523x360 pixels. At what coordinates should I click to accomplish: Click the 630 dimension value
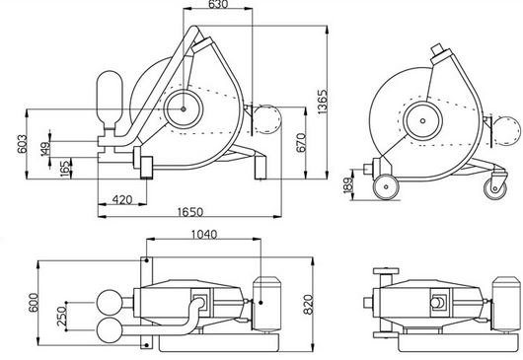pyautogui.click(x=218, y=4)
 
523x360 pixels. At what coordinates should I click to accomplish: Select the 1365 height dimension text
pyautogui.click(x=323, y=102)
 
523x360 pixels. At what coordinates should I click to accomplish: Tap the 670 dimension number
pyautogui.click(x=301, y=142)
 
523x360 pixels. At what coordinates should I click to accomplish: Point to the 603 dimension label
pyautogui.click(x=22, y=144)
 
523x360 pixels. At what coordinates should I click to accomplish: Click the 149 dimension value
pyautogui.click(x=45, y=149)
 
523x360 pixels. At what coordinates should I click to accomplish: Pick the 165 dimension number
pyautogui.click(x=66, y=169)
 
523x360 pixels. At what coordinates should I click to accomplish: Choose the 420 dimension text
pyautogui.click(x=122, y=199)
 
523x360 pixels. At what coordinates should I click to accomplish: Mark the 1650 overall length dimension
pyautogui.click(x=190, y=212)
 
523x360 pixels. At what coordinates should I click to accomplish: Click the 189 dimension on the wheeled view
pyautogui.click(x=347, y=185)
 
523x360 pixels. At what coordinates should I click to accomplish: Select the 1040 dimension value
pyautogui.click(x=204, y=235)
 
